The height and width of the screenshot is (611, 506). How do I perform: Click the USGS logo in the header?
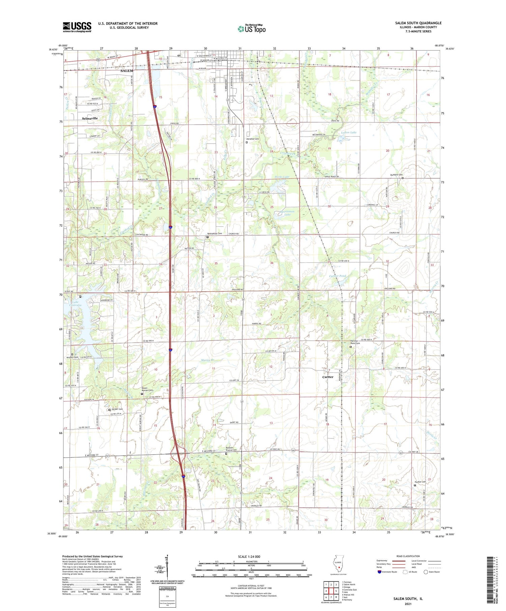(x=77, y=27)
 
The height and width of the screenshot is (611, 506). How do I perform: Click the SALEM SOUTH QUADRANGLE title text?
(x=418, y=23)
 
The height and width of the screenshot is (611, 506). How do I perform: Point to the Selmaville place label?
(x=90, y=119)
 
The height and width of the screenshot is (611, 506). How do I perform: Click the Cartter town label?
(x=328, y=377)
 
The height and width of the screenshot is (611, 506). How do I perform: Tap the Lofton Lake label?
(x=348, y=132)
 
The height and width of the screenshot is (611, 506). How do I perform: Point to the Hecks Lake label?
(x=282, y=177)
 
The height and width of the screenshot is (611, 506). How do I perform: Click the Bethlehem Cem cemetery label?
(x=215, y=234)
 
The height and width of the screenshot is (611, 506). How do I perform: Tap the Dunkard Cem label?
(x=396, y=175)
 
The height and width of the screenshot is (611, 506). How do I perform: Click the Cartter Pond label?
(x=337, y=276)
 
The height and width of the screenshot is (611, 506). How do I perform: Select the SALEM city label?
(x=126, y=71)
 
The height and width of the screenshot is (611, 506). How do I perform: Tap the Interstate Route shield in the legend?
(x=379, y=572)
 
